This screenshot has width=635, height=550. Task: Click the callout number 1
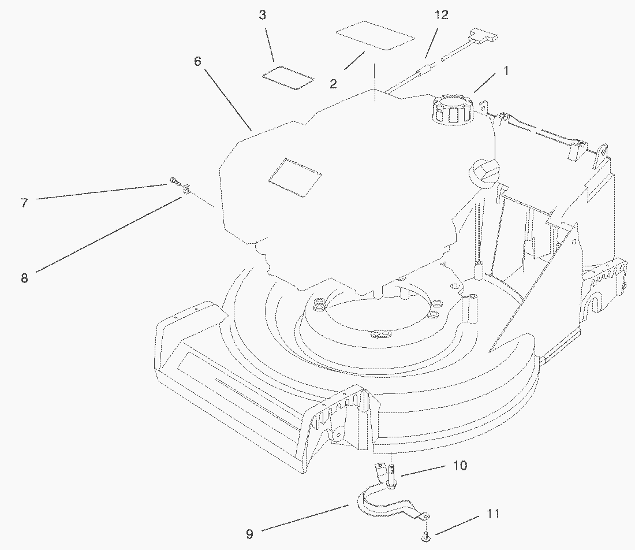tap(506, 71)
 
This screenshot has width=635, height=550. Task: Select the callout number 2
tap(333, 84)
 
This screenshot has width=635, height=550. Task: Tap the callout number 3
tap(263, 15)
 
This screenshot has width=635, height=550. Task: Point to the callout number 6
tap(197, 61)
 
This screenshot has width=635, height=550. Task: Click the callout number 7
tap(24, 203)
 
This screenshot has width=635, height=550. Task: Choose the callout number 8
tap(24, 278)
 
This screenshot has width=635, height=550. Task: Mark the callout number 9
tap(249, 534)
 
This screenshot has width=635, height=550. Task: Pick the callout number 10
tap(460, 466)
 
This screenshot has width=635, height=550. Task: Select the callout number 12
tap(441, 15)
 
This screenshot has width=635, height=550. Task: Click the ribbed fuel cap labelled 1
tap(451, 110)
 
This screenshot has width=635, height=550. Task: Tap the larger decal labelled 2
tap(376, 36)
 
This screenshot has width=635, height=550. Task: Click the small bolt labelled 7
tap(174, 184)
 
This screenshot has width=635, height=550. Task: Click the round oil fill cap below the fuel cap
tap(484, 172)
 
